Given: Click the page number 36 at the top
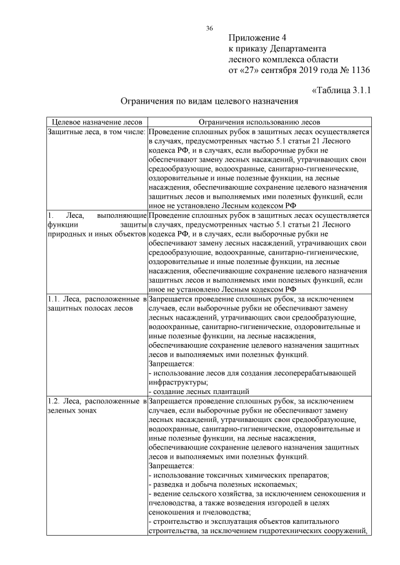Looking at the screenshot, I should (x=209, y=28).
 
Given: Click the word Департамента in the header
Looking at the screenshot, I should (x=299, y=48).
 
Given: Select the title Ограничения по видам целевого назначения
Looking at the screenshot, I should (x=209, y=101).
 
